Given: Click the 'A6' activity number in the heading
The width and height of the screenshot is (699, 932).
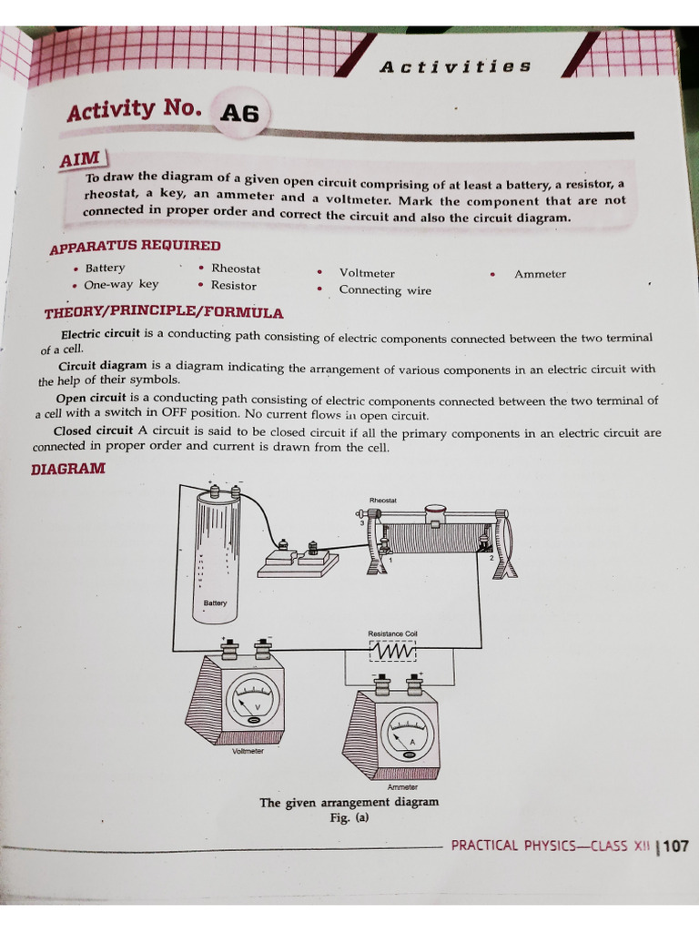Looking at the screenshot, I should tap(239, 113).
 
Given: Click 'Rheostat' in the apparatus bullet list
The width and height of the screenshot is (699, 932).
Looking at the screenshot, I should tap(235, 268).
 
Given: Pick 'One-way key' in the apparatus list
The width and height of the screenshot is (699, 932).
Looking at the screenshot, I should tap(121, 284).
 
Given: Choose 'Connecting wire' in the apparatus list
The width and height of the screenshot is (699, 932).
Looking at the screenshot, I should tap(385, 290).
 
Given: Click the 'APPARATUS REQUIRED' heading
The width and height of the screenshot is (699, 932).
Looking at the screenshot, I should tap(135, 247).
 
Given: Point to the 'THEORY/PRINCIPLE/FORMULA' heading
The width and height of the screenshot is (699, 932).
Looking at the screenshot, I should tap(164, 313).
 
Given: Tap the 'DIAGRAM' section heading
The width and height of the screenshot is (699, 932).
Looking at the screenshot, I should tap(68, 469).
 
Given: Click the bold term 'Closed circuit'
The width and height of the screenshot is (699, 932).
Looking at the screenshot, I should tap(94, 431).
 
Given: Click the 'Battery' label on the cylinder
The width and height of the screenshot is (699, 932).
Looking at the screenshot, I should tap(216, 603).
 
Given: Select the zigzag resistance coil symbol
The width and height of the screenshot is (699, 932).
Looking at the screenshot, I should tap(392, 653).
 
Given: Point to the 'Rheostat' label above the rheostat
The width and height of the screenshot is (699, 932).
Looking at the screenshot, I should tap(382, 501).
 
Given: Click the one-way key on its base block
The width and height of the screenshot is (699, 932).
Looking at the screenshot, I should tap(298, 556).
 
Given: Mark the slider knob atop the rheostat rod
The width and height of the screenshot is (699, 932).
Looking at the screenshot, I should tap(436, 513).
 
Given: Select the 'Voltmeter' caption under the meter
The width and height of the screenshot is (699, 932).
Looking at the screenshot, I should tap(247, 751).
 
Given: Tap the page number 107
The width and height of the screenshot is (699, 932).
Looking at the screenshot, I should tap(675, 846).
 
